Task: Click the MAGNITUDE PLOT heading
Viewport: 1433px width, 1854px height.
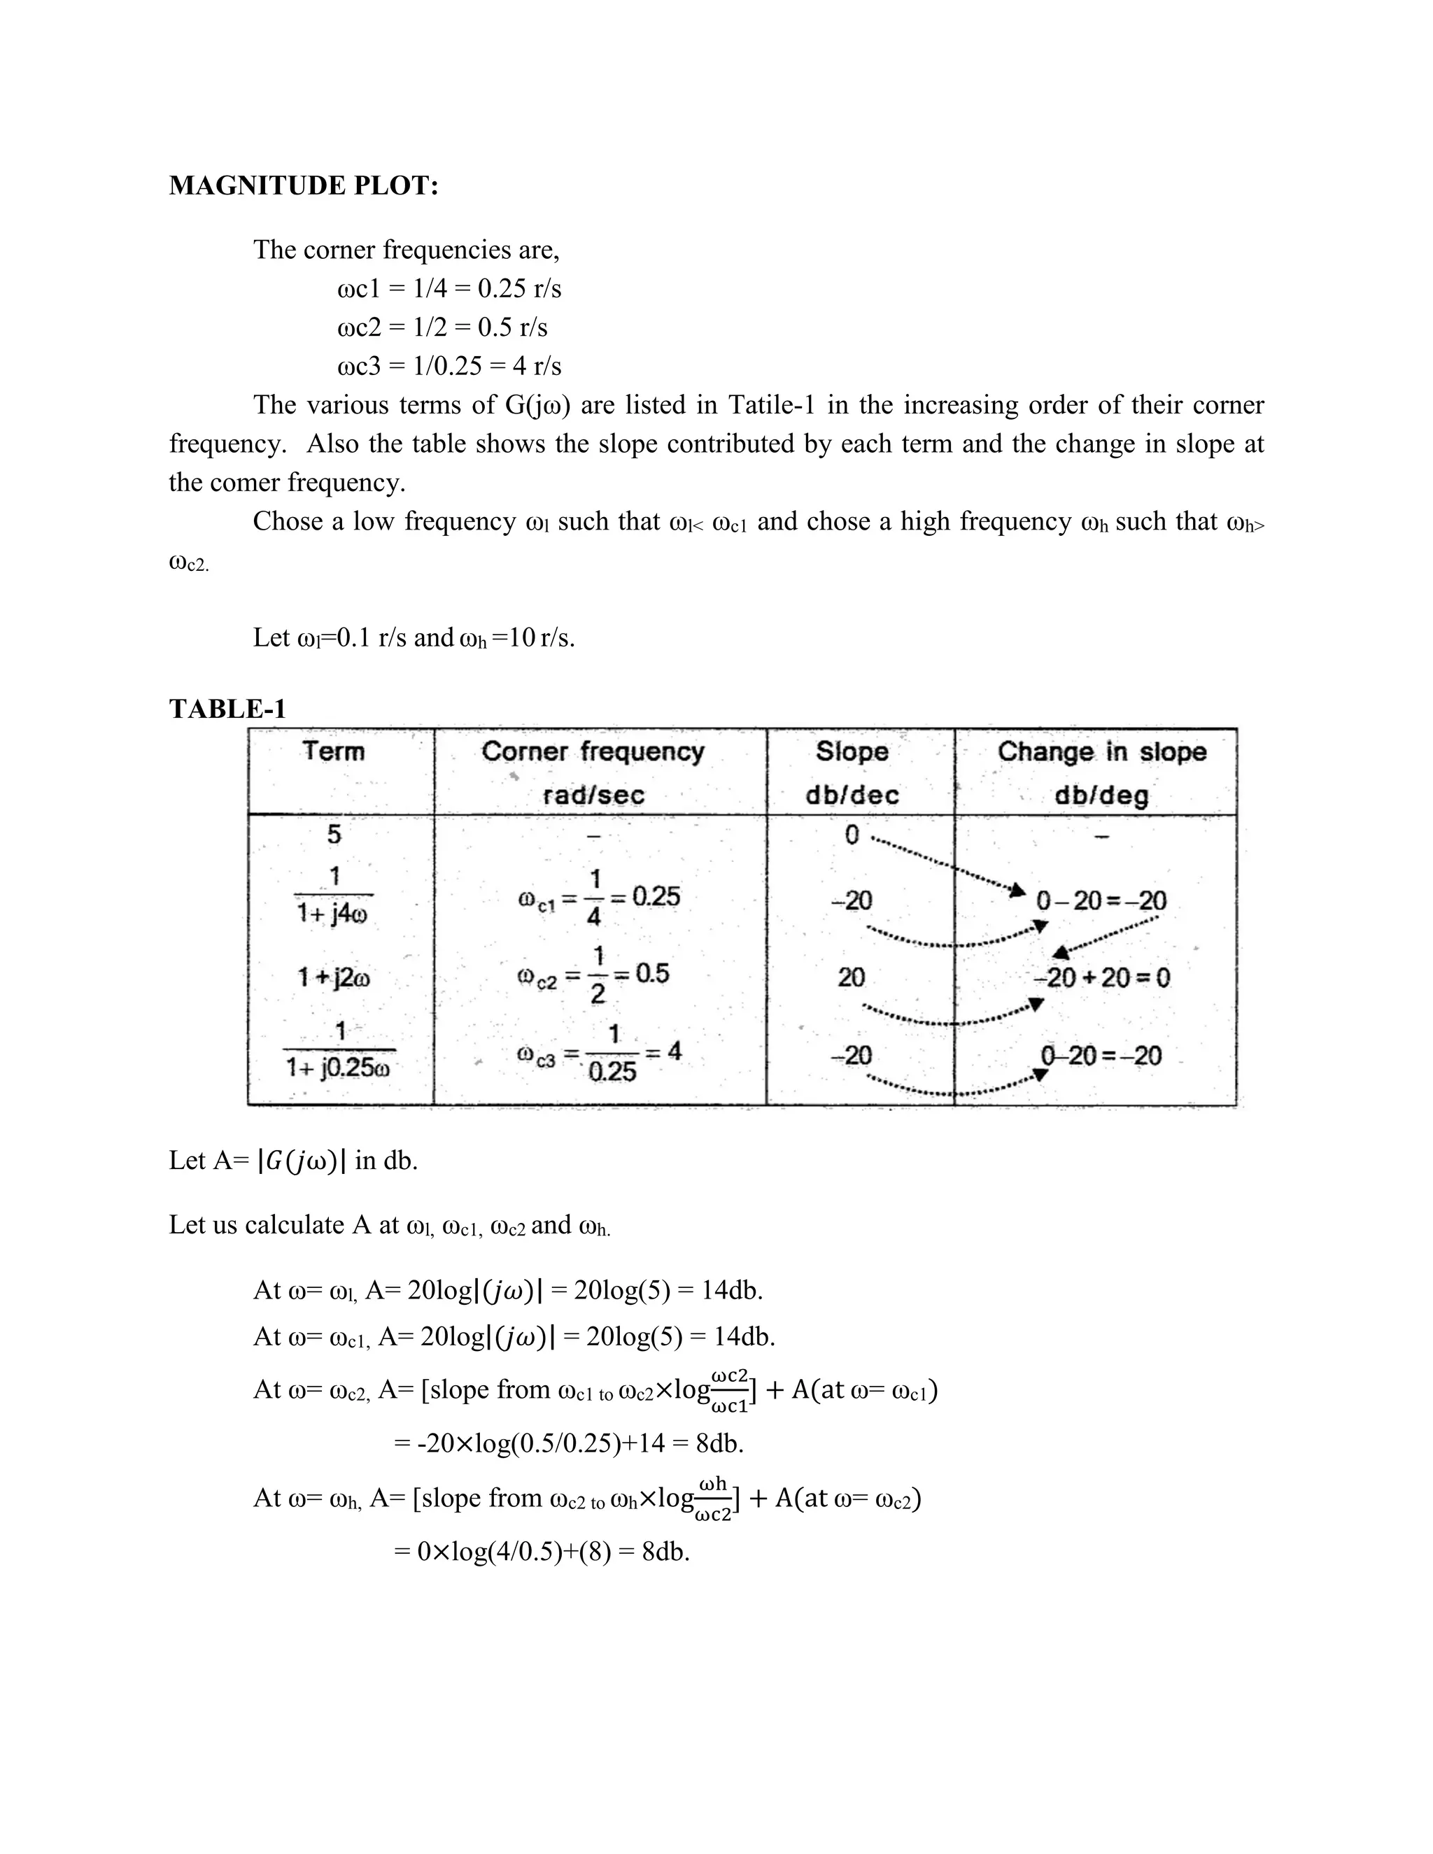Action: pyautogui.click(x=303, y=185)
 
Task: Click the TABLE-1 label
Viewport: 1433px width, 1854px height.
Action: pyautogui.click(x=227, y=708)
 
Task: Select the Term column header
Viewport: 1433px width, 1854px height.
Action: pyautogui.click(x=334, y=751)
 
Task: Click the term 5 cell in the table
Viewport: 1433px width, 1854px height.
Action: pyautogui.click(x=334, y=835)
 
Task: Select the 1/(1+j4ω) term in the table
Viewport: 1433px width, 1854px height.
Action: pyautogui.click(x=334, y=896)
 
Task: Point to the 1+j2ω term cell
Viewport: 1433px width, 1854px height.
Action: pyautogui.click(x=334, y=978)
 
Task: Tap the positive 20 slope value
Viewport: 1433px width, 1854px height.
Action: pyautogui.click(x=851, y=978)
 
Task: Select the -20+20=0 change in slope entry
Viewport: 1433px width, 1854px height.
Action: pyautogui.click(x=1101, y=978)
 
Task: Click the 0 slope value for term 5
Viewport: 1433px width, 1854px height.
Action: pyautogui.click(x=852, y=835)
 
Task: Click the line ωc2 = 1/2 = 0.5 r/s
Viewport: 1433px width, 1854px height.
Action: pyautogui.click(x=442, y=327)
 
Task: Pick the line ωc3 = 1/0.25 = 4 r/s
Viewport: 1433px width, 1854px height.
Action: pyautogui.click(x=449, y=366)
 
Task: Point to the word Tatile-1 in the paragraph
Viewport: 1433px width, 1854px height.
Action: pyautogui.click(x=772, y=405)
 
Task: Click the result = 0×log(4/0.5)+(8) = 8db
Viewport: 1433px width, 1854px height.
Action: pyautogui.click(x=542, y=1552)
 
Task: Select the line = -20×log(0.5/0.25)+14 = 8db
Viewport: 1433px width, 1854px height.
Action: pyautogui.click(x=569, y=1443)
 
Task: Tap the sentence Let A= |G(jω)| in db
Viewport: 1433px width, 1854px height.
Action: pyautogui.click(x=293, y=1159)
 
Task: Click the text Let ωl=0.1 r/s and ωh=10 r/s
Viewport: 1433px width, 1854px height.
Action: pyautogui.click(x=414, y=637)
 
